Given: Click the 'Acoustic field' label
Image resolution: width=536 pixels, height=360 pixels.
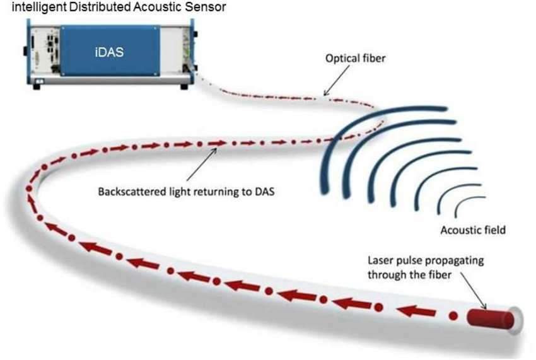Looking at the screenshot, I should tap(472, 230).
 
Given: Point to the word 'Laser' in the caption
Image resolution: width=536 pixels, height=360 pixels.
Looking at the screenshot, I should tap(381, 260).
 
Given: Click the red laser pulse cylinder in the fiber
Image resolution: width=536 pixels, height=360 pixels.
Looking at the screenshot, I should tap(489, 317).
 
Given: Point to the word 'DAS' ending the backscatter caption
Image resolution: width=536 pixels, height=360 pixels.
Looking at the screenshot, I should tap(262, 190).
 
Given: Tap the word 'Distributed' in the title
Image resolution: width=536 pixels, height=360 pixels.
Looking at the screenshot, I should tap(76, 7).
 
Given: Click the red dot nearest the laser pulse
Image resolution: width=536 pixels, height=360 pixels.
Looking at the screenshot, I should tap(452, 315).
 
